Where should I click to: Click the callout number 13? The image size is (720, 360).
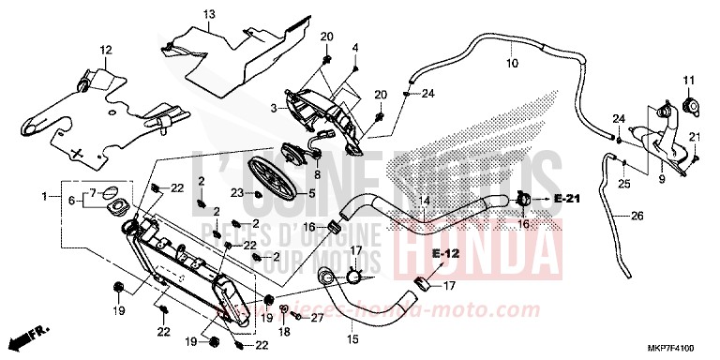click(208, 13)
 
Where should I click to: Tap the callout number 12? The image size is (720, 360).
click(105, 49)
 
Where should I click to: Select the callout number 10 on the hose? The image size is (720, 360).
click(512, 65)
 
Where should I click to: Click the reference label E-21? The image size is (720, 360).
click(567, 199)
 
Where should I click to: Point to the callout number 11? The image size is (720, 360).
click(687, 79)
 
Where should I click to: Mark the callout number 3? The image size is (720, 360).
click(274, 109)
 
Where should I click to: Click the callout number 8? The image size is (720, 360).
click(318, 174)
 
